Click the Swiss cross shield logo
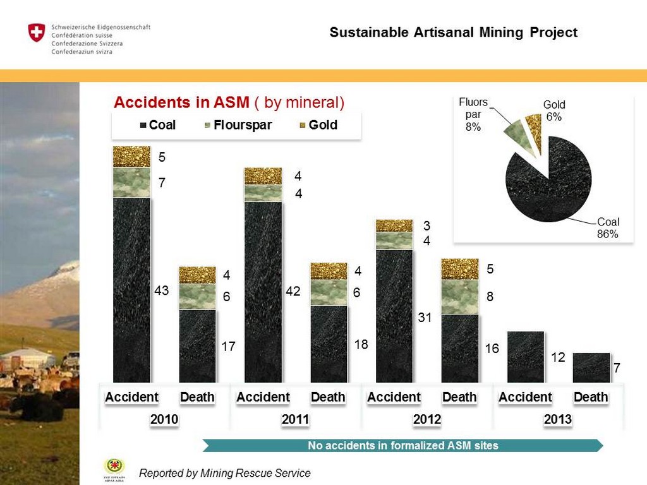37,33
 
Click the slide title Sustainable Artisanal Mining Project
453,33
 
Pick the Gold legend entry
318,125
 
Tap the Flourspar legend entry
238,125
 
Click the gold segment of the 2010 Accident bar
131,157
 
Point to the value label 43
162,291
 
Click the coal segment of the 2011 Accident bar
263,290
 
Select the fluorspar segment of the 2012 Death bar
459,296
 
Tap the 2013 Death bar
591,368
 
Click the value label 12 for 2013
557,357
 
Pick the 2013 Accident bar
525,357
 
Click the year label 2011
296,419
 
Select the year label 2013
558,419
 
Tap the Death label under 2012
459,397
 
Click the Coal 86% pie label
608,228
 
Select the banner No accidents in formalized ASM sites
402,446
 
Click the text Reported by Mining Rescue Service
225,473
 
